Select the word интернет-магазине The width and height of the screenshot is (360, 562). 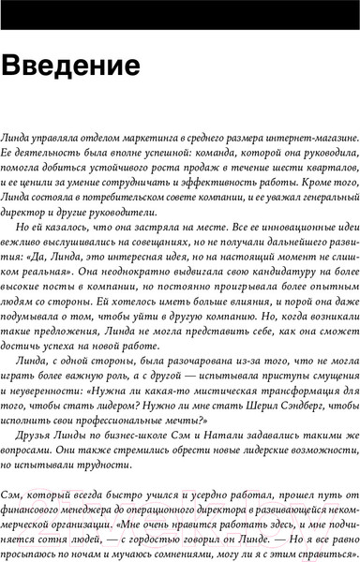click(306, 139)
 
